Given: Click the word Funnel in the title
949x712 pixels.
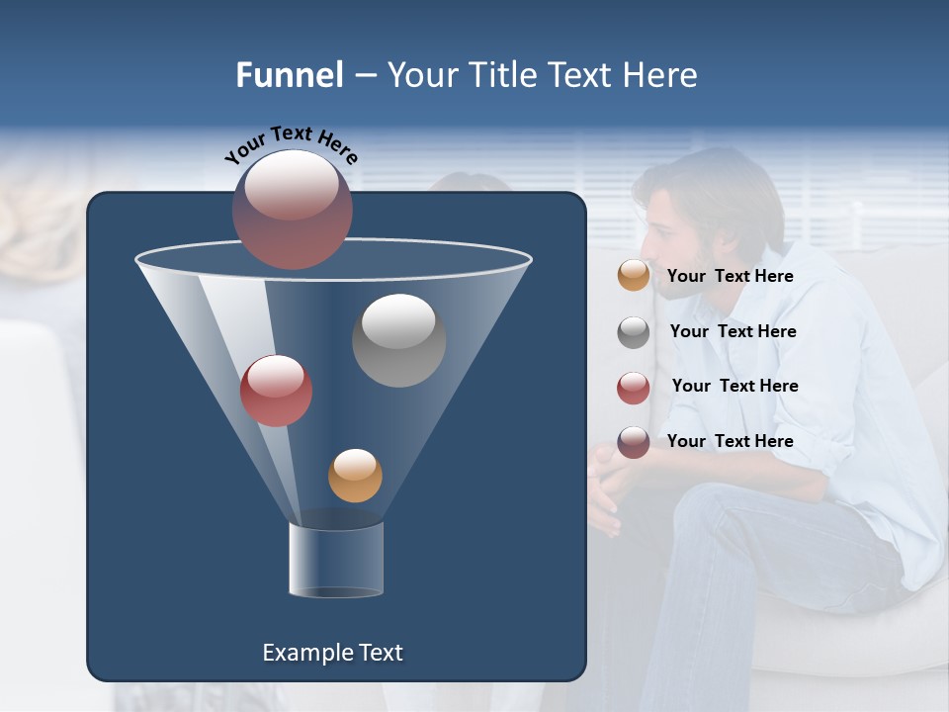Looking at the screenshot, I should click(289, 75).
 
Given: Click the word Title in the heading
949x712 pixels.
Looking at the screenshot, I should click(503, 75).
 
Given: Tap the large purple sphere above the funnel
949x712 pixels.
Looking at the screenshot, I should click(292, 209).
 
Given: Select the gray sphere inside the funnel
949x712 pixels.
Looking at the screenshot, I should click(398, 340).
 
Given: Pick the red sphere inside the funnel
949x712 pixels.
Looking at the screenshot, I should click(276, 391).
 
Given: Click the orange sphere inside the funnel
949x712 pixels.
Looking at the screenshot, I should click(355, 476).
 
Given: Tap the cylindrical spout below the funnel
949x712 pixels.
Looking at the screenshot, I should click(336, 560).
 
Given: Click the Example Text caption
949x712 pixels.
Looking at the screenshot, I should click(332, 653).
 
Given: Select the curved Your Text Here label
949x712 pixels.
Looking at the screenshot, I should click(291, 144).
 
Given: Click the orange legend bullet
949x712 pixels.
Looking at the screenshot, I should click(634, 276).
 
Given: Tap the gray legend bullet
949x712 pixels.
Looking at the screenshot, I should click(634, 332).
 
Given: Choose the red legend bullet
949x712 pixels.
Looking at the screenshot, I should click(634, 388).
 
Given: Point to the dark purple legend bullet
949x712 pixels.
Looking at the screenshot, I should click(634, 442).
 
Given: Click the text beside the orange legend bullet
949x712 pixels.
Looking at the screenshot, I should click(730, 277).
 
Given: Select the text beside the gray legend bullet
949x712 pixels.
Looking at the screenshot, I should click(733, 332).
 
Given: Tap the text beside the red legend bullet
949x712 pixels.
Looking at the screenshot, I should click(734, 387).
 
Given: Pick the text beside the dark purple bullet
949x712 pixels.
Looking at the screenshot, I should click(730, 441).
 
